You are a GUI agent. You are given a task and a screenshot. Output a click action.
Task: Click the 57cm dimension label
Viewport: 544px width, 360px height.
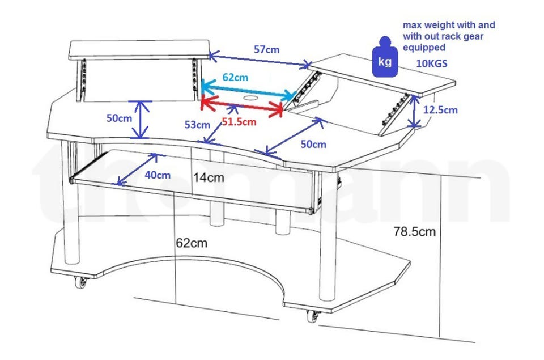266,49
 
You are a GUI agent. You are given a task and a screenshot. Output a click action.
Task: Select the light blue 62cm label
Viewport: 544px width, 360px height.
235,77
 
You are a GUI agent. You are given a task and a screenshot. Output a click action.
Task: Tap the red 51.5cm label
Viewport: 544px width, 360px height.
239,121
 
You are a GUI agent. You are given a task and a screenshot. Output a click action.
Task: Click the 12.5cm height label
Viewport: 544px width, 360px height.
443,110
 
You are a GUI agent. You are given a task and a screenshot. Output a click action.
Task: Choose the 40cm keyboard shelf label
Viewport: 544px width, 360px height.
157,175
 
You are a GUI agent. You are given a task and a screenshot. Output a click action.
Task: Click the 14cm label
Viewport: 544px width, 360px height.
208,177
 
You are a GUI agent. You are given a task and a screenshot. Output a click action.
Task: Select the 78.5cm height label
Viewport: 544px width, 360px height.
415,231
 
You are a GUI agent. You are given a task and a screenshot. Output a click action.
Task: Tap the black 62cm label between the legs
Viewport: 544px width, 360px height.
191,243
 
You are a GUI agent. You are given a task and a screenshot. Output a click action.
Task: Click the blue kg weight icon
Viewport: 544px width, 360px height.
385,57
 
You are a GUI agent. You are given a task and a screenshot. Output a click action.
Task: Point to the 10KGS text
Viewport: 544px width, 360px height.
432,64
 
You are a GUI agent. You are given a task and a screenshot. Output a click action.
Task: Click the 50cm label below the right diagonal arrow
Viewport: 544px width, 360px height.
313,144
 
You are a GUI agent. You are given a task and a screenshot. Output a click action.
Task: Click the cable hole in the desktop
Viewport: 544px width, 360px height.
249,100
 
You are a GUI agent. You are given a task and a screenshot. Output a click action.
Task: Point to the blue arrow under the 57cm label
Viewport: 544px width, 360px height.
260,60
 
